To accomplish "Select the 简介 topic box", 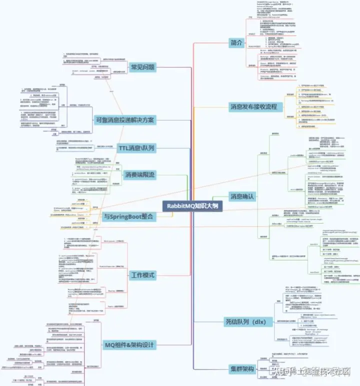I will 235,42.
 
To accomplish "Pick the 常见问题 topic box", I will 142,66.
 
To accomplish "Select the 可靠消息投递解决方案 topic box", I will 124,120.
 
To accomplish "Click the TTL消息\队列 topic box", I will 136,148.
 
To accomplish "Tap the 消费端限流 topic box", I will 140,175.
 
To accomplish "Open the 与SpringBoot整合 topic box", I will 121,217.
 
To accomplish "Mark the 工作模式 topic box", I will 142,275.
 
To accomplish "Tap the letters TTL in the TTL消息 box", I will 124,148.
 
